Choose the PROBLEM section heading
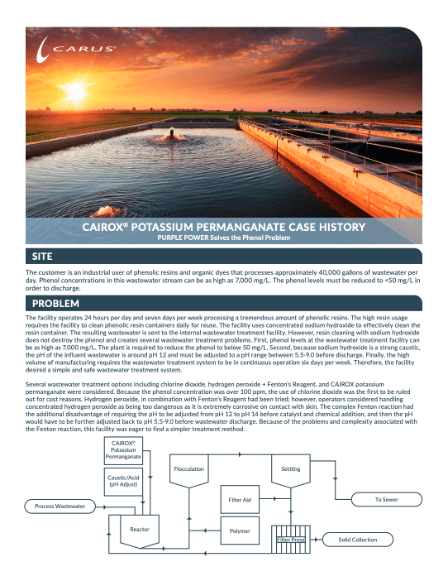point(55,305)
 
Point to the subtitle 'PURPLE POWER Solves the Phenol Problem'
point(223,238)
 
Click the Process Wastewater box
point(60,505)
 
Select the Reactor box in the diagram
point(138,528)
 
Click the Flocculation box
point(188,469)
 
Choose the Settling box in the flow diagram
point(290,469)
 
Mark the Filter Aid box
point(240,500)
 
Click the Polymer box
point(240,529)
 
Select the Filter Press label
point(291,540)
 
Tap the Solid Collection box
point(357,540)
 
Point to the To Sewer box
point(386,500)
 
